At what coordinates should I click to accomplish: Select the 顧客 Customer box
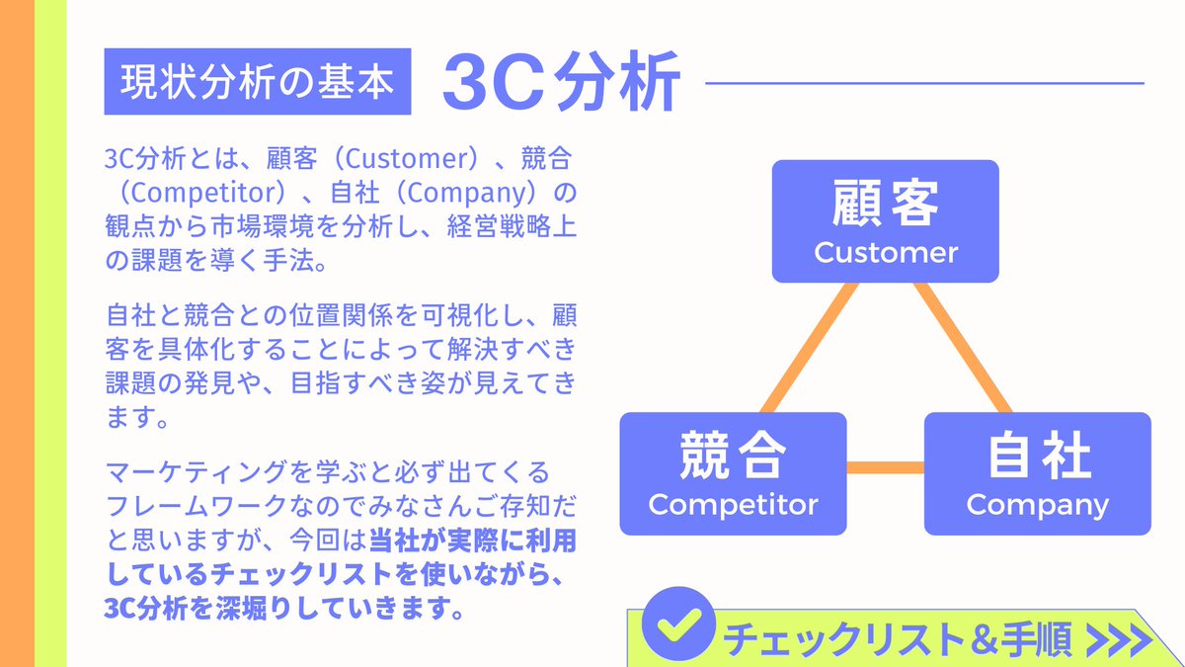click(x=885, y=220)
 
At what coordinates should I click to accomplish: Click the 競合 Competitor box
click(x=733, y=473)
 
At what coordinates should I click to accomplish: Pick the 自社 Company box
click(x=1037, y=473)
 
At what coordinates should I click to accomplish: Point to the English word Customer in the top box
click(x=886, y=252)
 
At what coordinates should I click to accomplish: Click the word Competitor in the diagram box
click(x=733, y=504)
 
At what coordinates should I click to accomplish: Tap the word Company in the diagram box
click(x=1037, y=504)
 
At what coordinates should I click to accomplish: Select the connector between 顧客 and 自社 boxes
click(x=963, y=347)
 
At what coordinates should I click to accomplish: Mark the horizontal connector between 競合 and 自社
click(x=885, y=466)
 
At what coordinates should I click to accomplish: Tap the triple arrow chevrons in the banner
click(x=1118, y=640)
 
